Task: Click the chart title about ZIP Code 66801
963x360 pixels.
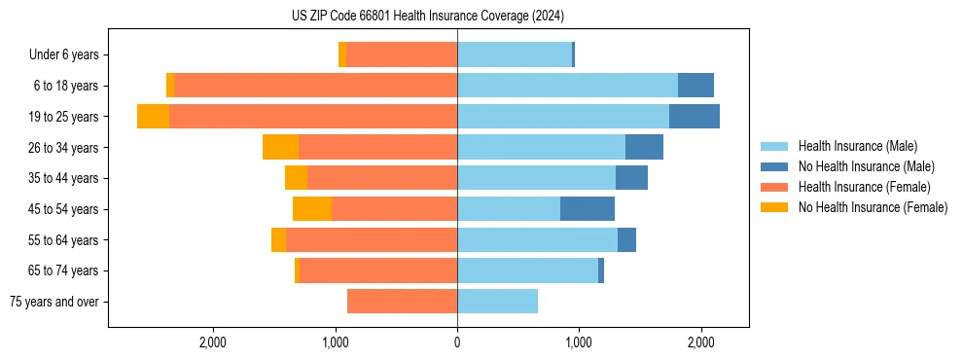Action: coord(427,17)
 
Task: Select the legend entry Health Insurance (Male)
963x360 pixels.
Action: coord(857,146)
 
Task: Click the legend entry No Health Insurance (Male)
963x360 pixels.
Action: coord(866,166)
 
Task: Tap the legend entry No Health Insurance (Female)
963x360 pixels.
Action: coord(873,207)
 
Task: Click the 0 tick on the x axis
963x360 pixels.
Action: coord(457,342)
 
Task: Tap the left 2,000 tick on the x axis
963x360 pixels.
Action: coord(212,342)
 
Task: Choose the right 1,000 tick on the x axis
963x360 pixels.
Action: coord(579,342)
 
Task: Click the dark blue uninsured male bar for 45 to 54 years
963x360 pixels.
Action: coord(588,209)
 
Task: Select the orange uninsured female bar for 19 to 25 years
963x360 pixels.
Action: coord(153,117)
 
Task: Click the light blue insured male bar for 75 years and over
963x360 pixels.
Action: coord(497,302)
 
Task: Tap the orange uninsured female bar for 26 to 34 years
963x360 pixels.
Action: coord(280,147)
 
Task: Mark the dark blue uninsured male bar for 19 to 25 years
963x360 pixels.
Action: coord(695,117)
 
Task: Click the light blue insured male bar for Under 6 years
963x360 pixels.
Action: coord(515,54)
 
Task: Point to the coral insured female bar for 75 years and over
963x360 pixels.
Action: coord(402,302)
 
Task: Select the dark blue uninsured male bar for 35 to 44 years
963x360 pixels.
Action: coord(631,178)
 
